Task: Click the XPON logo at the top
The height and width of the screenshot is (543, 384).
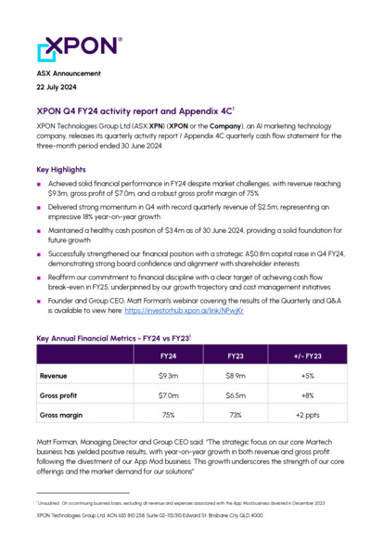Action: tap(78, 47)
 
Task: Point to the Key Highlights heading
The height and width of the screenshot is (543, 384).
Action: tap(63, 170)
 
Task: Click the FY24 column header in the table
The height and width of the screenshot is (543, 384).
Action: tap(168, 356)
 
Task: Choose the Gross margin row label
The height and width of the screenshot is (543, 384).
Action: tap(61, 414)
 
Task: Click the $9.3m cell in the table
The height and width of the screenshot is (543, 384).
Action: tap(168, 376)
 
